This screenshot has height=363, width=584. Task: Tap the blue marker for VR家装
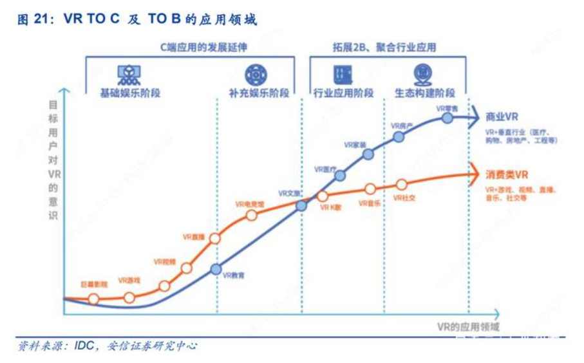click(368, 154)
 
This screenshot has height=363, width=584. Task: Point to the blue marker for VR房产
click(399, 136)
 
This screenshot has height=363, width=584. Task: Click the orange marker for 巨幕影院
click(93, 299)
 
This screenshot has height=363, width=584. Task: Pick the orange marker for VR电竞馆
click(251, 215)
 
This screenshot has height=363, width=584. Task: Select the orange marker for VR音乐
click(370, 189)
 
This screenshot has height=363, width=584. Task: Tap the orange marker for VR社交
click(402, 185)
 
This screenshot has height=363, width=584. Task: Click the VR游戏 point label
click(129, 281)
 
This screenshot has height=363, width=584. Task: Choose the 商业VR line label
click(502, 117)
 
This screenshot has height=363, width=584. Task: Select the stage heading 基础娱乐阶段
click(129, 93)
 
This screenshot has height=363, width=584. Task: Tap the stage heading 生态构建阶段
click(424, 93)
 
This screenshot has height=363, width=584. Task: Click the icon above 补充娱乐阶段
click(256, 75)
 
